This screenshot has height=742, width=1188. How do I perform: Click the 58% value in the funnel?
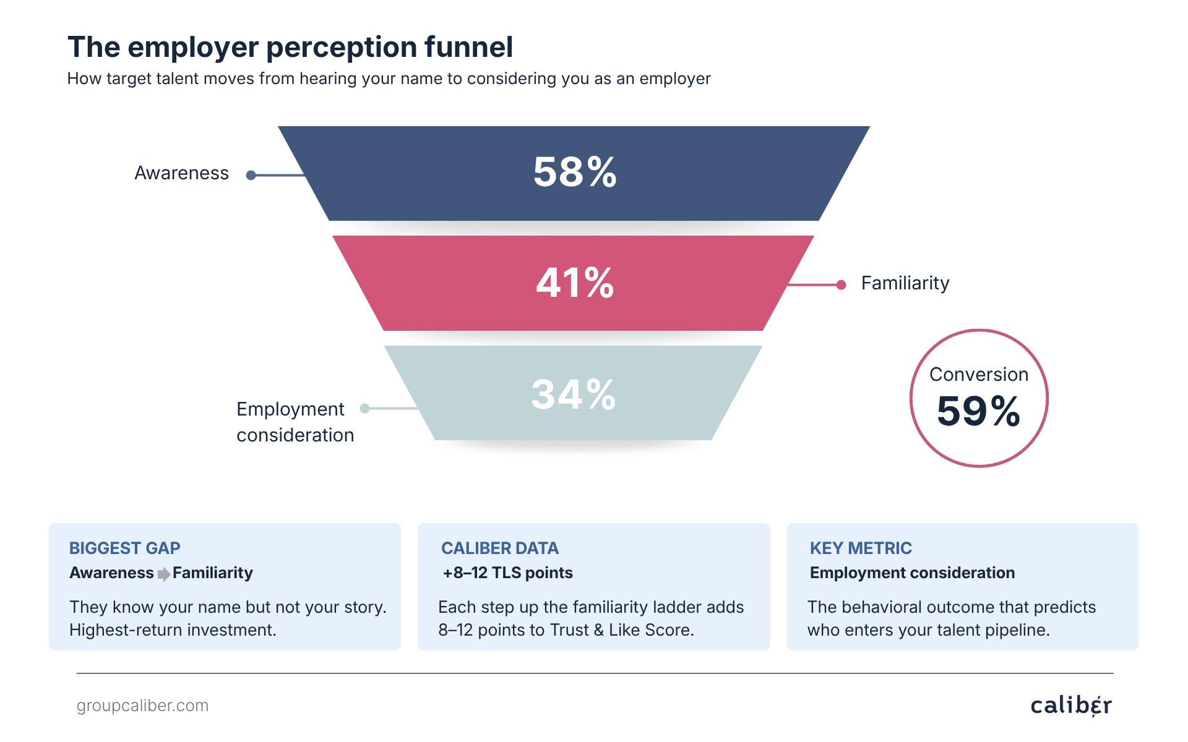575,172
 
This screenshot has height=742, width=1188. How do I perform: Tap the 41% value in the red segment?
575,283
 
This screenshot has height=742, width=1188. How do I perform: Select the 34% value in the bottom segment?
574,394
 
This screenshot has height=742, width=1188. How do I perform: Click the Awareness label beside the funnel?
181,173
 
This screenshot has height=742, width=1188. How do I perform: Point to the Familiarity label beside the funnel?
905,283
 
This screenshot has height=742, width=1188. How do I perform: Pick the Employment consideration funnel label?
295,422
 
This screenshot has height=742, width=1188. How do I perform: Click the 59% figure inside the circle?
978,411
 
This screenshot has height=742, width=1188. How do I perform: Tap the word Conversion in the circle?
978,374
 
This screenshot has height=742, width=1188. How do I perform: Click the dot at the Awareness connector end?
251,176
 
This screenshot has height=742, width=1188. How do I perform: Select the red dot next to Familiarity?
841,285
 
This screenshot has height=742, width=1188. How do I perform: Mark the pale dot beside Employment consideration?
365,408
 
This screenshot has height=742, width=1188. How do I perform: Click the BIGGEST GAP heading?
124,548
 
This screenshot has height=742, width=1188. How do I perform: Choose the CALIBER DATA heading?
499,548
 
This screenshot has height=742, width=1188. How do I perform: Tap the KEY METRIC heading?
861,548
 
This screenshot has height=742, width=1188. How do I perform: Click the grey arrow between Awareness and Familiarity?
164,574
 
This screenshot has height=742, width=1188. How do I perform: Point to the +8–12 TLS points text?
507,573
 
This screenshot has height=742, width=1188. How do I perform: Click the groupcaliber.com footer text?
142,706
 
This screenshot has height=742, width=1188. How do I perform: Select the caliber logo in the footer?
1071,706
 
